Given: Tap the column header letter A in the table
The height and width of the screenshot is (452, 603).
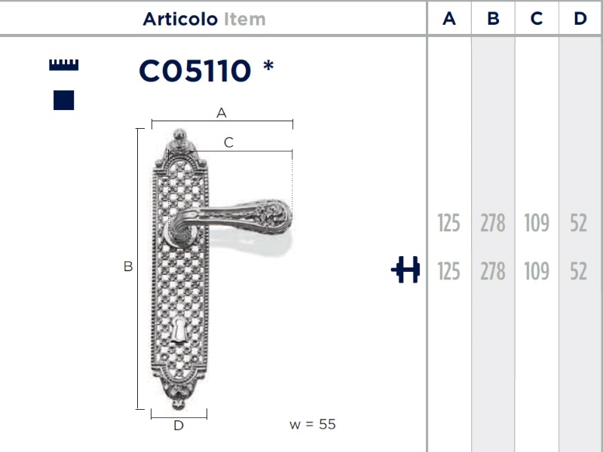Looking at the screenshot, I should click(x=449, y=19).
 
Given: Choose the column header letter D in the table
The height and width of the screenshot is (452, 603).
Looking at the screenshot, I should click(x=580, y=19).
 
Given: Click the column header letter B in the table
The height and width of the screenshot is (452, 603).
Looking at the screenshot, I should click(x=493, y=19).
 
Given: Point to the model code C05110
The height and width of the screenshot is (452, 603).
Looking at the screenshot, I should click(x=194, y=72).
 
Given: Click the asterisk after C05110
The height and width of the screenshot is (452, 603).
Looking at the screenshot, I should click(x=268, y=69).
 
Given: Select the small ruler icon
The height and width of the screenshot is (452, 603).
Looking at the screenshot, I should click(x=63, y=65).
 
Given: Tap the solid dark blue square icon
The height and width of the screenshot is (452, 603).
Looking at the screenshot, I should click(x=64, y=99).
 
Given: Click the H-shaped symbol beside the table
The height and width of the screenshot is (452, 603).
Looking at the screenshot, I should click(x=406, y=270).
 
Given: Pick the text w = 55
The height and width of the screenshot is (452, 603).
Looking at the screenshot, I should click(x=312, y=424).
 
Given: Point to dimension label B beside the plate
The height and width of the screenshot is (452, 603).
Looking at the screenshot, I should click(x=128, y=267).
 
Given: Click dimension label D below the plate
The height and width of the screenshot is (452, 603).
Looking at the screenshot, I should click(x=179, y=426).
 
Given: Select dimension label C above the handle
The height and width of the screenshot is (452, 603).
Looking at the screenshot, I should click(x=229, y=142).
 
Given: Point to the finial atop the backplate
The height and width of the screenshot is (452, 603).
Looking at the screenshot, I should click(x=179, y=136).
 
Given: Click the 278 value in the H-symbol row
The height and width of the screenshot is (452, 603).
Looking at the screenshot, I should click(x=493, y=271).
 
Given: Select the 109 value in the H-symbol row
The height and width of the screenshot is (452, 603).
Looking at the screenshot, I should click(x=536, y=271).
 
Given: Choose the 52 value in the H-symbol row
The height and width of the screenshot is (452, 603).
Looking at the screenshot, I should click(x=578, y=271).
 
